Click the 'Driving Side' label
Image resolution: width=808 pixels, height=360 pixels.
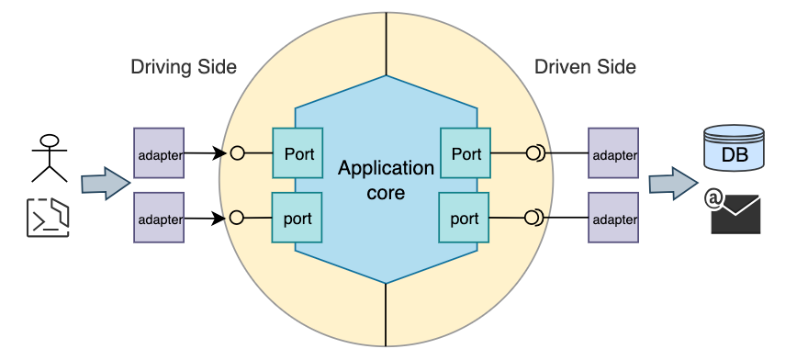click(x=184, y=67)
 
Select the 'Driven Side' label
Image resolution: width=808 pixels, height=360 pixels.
click(x=585, y=67)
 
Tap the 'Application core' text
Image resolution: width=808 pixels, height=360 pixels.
click(x=386, y=181)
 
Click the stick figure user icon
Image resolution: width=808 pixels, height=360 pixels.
click(x=50, y=157)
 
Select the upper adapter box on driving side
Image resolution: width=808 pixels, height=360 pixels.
click(x=159, y=153)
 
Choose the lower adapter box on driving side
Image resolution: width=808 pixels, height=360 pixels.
click(x=159, y=218)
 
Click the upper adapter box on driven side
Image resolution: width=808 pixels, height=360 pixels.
click(x=613, y=153)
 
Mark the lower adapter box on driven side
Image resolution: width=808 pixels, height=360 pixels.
click(x=613, y=218)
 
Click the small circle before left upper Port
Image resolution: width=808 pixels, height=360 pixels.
click(x=237, y=153)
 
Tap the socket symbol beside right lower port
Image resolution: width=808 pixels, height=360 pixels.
click(x=533, y=218)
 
